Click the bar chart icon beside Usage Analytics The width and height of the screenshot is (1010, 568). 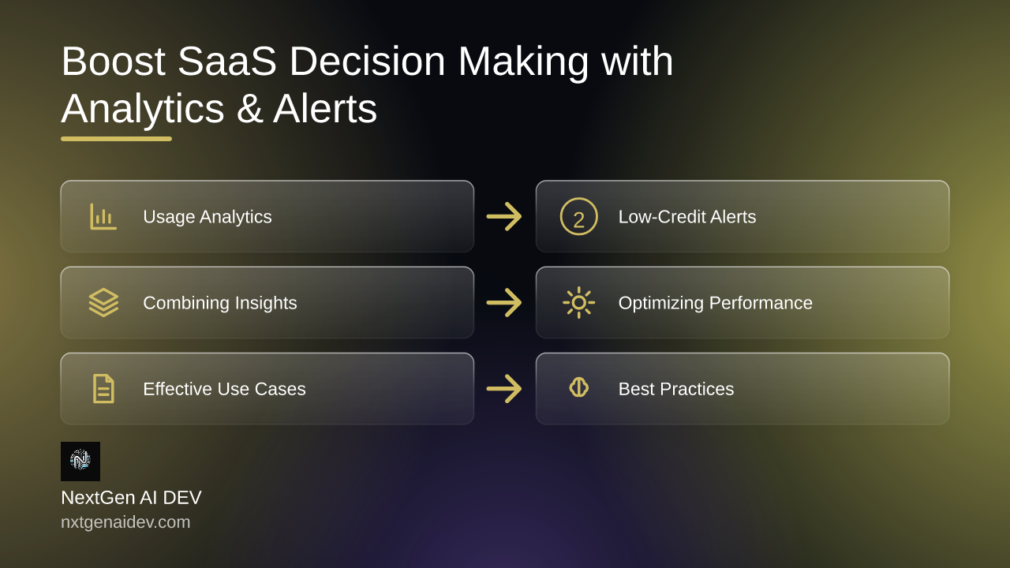(103, 216)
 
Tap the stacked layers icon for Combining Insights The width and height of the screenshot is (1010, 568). (103, 302)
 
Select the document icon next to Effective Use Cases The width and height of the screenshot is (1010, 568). (103, 389)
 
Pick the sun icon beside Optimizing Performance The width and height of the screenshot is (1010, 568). (579, 302)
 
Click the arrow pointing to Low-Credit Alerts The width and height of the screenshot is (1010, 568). (504, 216)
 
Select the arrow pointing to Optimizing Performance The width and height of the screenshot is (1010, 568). (504, 302)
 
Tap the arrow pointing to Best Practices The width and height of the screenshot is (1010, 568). (504, 389)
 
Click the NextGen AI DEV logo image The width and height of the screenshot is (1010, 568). (80, 461)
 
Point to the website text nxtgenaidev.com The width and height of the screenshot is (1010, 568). (125, 522)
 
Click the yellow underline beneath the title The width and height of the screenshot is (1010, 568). (116, 139)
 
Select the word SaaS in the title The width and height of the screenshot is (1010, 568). (226, 61)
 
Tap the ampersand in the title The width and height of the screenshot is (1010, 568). (249, 109)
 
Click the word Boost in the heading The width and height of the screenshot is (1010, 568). (113, 61)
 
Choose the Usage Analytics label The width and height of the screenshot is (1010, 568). (208, 217)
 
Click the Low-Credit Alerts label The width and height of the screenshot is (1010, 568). (687, 217)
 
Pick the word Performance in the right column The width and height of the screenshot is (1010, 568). (761, 303)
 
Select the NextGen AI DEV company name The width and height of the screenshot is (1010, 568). (131, 498)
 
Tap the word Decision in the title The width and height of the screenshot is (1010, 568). (367, 61)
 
